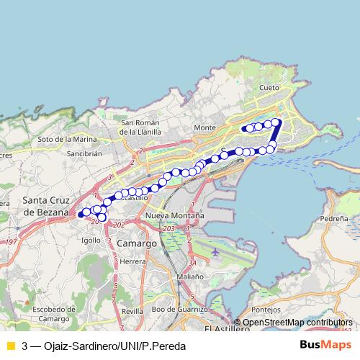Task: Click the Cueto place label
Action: pyautogui.click(x=269, y=87)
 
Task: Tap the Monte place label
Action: pyautogui.click(x=204, y=127)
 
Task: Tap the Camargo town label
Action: pyautogui.click(x=136, y=244)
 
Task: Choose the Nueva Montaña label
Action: pyautogui.click(x=174, y=215)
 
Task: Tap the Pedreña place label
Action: pyautogui.click(x=334, y=217)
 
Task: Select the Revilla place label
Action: pyautogui.click(x=132, y=310)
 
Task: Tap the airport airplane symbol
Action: pyautogui.click(x=217, y=253)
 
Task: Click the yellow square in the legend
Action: pyautogui.click(x=10, y=346)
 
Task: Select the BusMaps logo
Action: pyautogui.click(x=325, y=345)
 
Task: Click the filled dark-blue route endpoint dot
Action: pyautogui.click(x=81, y=215)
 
